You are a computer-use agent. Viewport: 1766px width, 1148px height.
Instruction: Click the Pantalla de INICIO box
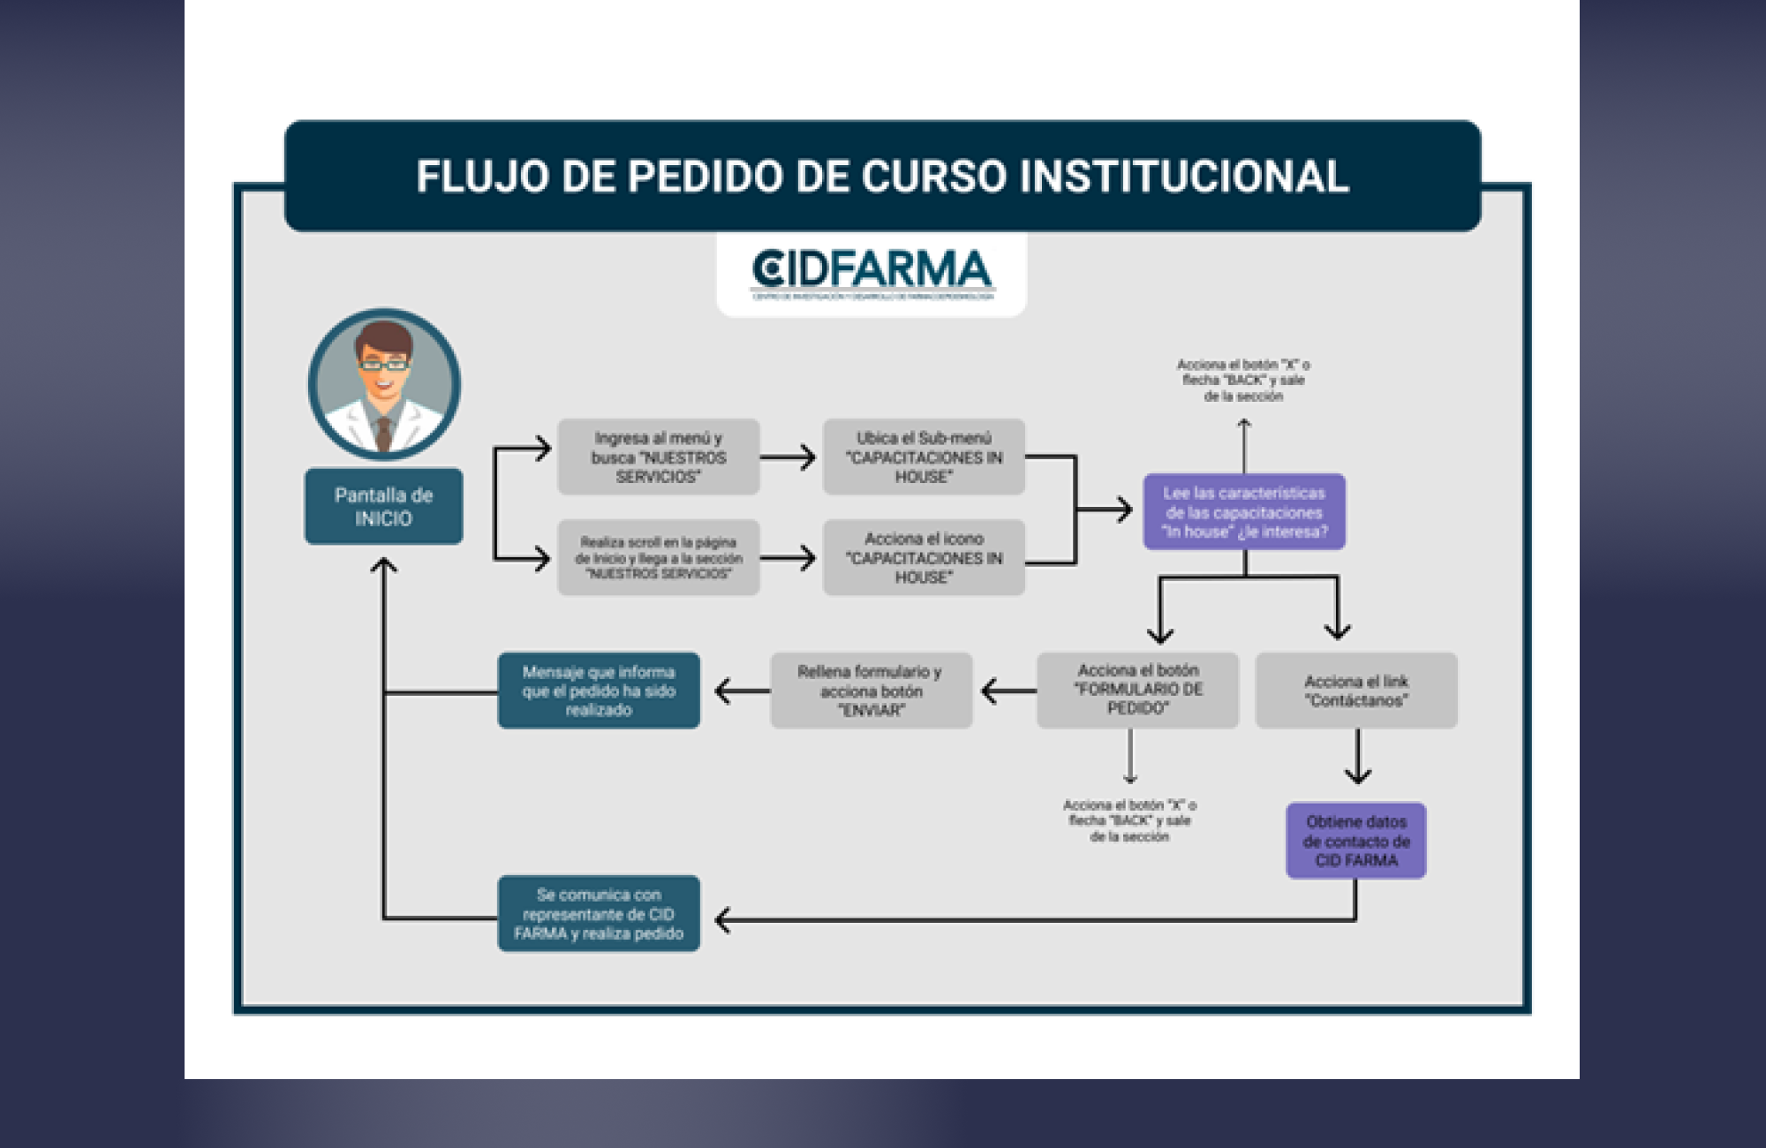point(383,506)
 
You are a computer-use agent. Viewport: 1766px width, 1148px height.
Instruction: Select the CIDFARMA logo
point(872,272)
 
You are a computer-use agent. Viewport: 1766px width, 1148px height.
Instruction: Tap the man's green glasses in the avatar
point(383,364)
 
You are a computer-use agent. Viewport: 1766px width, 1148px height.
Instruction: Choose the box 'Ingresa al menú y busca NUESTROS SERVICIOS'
point(658,457)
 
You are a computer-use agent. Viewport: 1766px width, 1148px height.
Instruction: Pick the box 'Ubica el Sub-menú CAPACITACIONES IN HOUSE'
point(924,457)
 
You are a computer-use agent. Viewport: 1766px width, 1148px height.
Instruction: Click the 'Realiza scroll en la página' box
point(658,557)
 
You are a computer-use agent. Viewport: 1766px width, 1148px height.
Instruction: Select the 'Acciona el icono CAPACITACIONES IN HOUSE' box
point(924,557)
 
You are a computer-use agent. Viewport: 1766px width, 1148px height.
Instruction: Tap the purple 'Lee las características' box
point(1244,512)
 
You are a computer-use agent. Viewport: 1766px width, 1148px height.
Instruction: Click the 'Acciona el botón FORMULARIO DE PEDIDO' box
point(1137,690)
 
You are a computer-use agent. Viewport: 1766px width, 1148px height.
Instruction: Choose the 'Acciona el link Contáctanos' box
point(1355,691)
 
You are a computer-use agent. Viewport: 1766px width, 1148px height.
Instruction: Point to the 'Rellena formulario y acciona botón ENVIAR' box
point(871,691)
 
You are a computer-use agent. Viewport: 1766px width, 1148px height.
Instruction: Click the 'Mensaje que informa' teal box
point(599,691)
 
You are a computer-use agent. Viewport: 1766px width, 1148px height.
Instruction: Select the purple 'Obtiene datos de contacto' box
point(1355,841)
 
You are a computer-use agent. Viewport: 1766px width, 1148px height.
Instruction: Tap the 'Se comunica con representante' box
point(599,914)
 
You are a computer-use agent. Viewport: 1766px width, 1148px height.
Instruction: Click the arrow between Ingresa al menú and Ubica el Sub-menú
point(788,457)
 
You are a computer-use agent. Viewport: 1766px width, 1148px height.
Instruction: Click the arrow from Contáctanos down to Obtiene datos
point(1357,759)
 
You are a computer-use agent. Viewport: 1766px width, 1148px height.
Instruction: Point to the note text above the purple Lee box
point(1243,381)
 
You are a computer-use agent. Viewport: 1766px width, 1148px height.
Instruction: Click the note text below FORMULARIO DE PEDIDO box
point(1129,821)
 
